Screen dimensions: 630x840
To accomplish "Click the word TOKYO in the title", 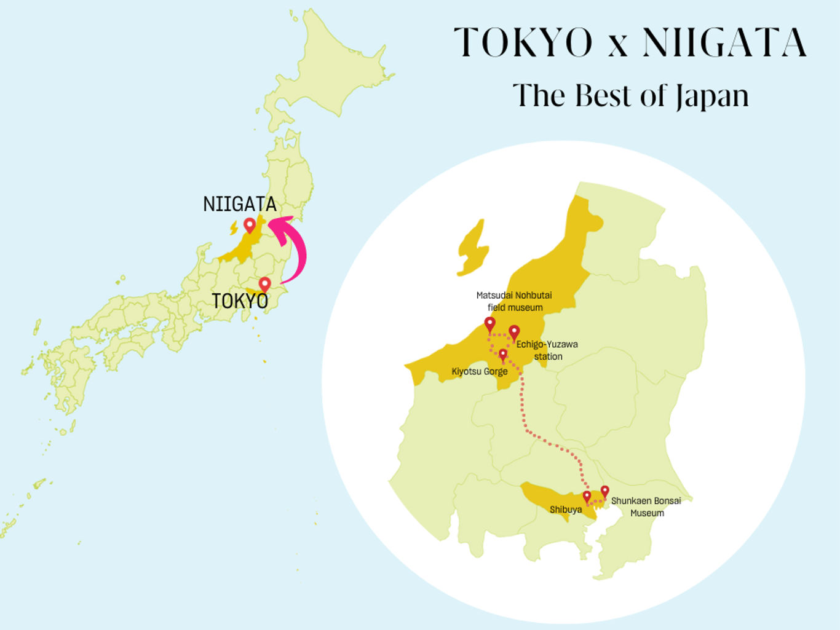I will click(523, 43).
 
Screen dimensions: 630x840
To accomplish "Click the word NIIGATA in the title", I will click(724, 43).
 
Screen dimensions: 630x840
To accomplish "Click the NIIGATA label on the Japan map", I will click(240, 204).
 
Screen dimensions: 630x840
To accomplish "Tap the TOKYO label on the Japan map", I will click(240, 301).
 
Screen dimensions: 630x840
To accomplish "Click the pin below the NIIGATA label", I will click(250, 226).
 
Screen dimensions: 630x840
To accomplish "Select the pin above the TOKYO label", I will click(265, 285).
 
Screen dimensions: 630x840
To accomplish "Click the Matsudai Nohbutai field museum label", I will click(514, 301).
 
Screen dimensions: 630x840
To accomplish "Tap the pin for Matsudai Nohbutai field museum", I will click(490, 324).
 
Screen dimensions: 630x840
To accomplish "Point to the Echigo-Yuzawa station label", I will click(547, 350).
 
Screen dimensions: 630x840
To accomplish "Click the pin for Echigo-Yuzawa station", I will click(514, 332).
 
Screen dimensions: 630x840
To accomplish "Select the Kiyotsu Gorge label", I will click(479, 372).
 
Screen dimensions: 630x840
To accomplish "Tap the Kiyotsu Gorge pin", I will click(503, 355).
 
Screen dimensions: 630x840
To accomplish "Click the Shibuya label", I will click(566, 510).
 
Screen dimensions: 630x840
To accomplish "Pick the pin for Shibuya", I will click(587, 497).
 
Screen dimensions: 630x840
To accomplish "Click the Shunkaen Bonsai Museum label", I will click(646, 506).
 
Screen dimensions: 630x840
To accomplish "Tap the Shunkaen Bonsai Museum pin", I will click(605, 491).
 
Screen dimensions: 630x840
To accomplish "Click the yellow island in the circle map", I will click(472, 250).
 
